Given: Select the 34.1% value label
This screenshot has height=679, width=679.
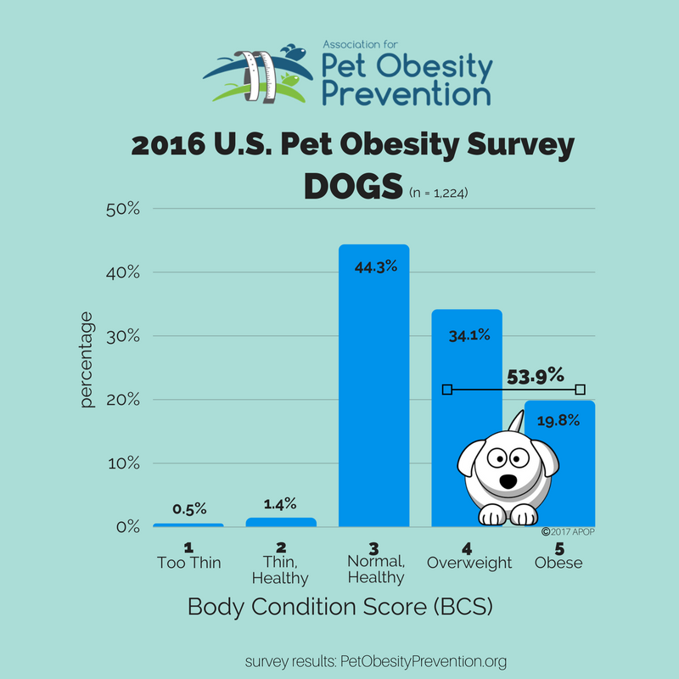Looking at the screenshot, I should pyautogui.click(x=468, y=334).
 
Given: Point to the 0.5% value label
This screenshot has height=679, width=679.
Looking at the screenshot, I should pyautogui.click(x=188, y=509).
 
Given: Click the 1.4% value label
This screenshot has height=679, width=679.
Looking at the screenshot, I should pyautogui.click(x=279, y=503).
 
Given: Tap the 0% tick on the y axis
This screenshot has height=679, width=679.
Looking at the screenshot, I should pyautogui.click(x=126, y=527).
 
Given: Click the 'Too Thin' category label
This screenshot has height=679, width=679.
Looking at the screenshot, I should pyautogui.click(x=188, y=562).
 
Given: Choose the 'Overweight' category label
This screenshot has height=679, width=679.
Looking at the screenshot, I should pyautogui.click(x=469, y=562).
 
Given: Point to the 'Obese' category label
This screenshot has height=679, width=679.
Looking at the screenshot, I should pyautogui.click(x=558, y=562).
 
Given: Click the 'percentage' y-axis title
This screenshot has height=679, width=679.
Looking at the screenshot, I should pyautogui.click(x=87, y=360).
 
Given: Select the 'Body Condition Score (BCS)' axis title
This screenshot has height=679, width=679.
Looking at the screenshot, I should pyautogui.click(x=340, y=608).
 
